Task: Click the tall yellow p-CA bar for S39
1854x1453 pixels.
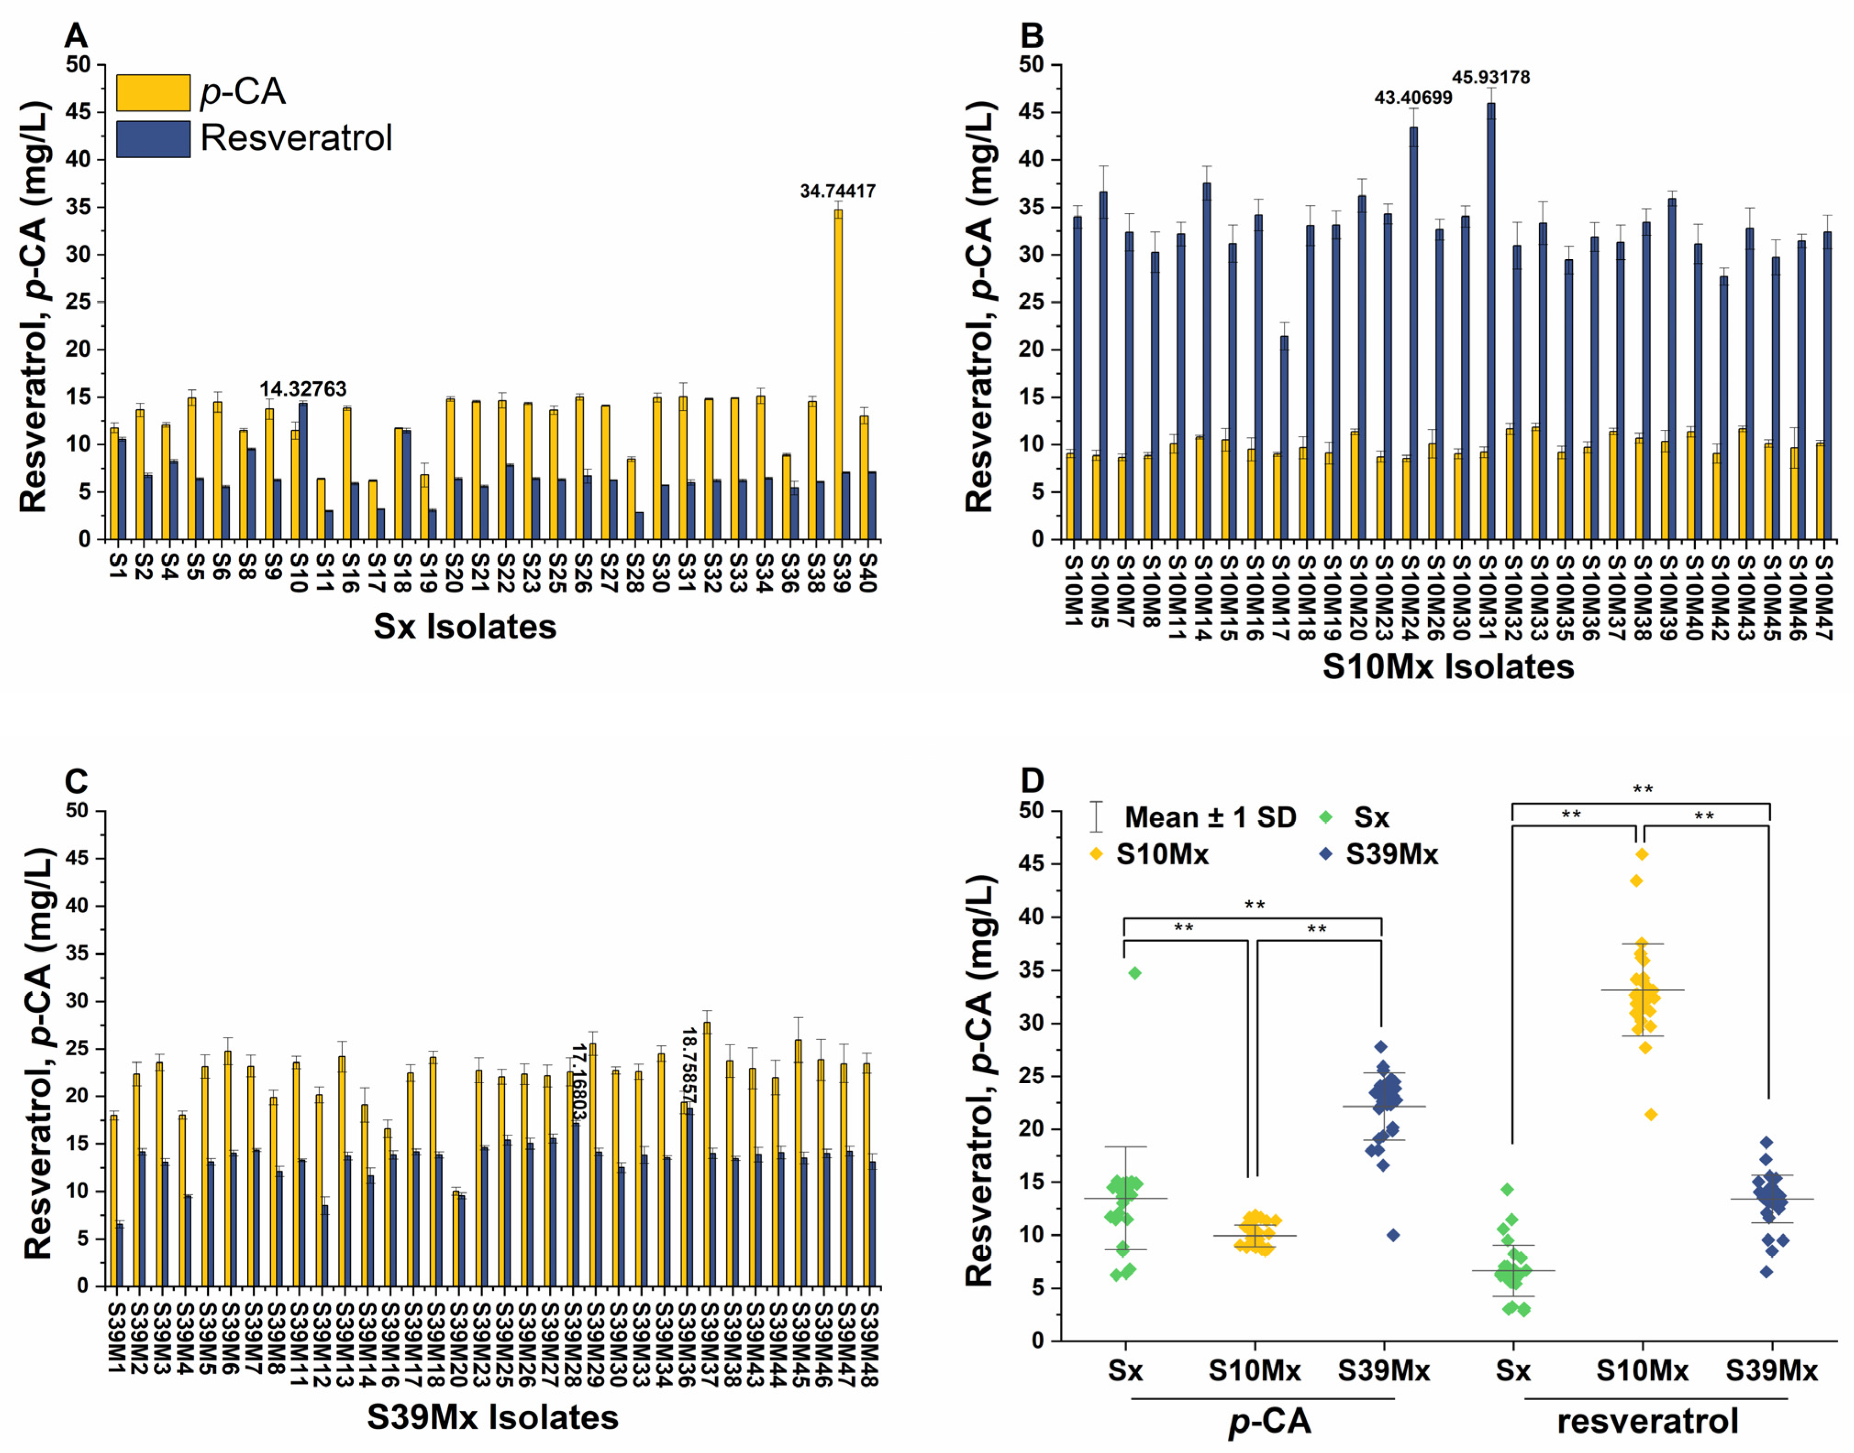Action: (838, 374)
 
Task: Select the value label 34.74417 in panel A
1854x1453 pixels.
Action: (837, 191)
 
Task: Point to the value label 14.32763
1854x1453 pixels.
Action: (303, 389)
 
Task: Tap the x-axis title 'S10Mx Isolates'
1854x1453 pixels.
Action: (1448, 667)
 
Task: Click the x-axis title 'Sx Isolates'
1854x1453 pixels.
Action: (465, 627)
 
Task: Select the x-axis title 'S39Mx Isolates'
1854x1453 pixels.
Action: (493, 1417)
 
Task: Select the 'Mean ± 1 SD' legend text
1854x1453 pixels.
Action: (1210, 817)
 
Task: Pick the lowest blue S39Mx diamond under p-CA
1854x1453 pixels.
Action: (1393, 1235)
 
